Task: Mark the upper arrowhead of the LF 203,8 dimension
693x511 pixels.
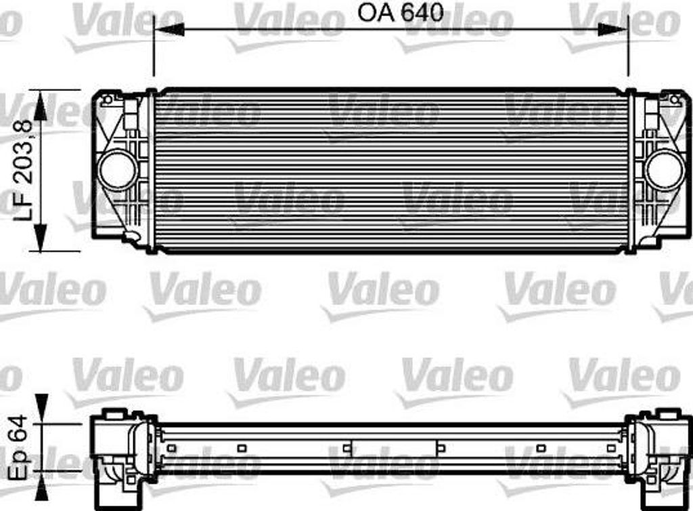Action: tap(42, 104)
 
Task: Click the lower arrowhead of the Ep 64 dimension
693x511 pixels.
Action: tap(42, 491)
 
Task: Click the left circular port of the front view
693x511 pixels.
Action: tap(118, 169)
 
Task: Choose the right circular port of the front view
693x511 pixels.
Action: tap(664, 169)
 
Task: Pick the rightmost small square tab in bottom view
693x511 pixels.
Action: tap(612, 447)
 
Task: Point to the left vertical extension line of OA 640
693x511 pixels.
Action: tap(154, 51)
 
